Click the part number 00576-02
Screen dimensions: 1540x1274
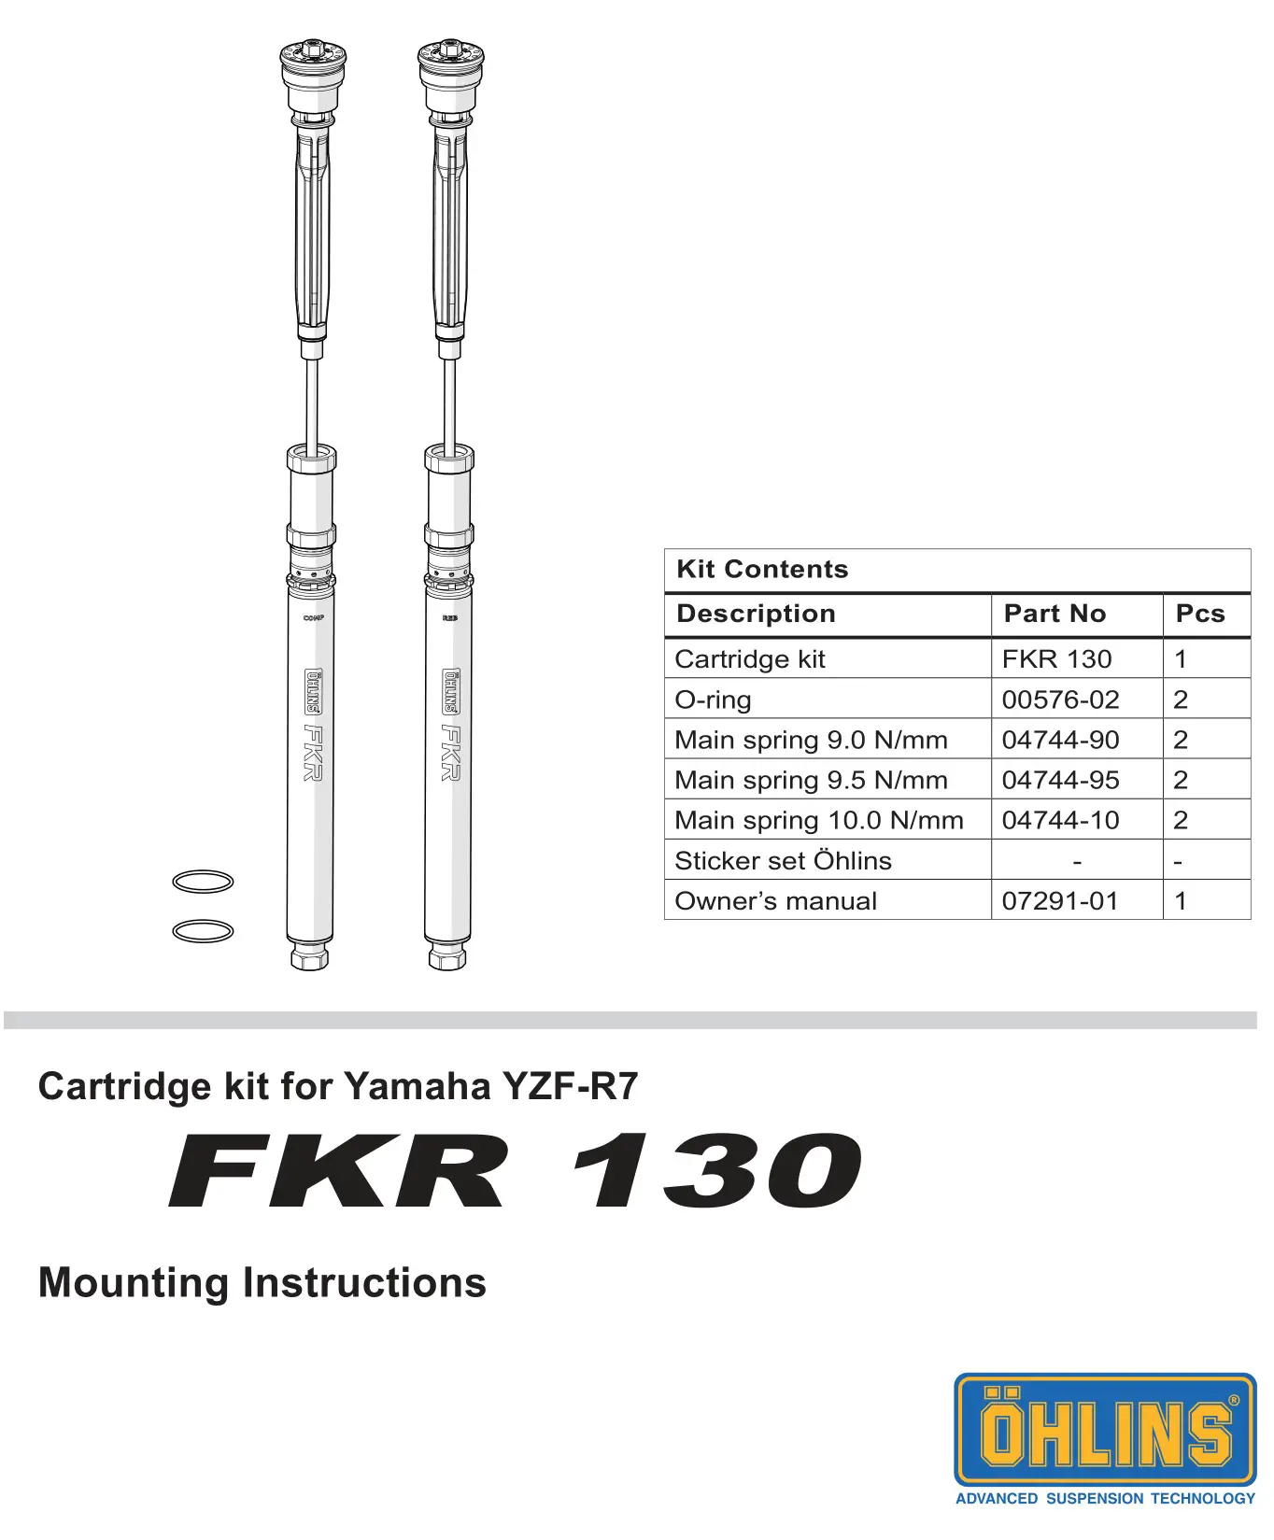point(1060,699)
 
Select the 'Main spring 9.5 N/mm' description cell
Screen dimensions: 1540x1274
point(811,780)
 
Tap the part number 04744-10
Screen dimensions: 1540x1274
point(1060,820)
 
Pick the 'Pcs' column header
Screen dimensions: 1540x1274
point(1199,614)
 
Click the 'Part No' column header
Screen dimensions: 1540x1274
point(1055,614)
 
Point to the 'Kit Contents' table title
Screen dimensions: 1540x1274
point(762,569)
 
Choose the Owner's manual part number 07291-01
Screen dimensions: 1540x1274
point(1060,901)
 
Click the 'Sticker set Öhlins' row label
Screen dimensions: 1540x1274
point(783,861)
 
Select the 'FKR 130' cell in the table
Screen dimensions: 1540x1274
point(1056,659)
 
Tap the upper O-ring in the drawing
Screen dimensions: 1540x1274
point(203,882)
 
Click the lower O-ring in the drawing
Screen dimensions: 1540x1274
point(203,931)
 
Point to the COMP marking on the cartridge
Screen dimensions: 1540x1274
point(313,618)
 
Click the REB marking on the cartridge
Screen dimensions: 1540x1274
point(449,618)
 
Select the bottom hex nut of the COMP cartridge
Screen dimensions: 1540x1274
point(309,957)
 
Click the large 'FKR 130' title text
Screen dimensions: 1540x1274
point(515,1170)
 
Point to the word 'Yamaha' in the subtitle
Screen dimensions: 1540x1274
point(418,1087)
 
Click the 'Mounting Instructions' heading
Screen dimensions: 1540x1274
point(262,1283)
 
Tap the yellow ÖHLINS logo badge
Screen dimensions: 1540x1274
point(1105,1429)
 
